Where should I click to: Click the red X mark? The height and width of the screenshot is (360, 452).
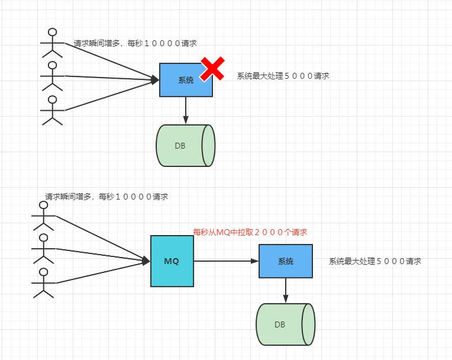[212, 69]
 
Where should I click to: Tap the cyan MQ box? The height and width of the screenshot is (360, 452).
[172, 261]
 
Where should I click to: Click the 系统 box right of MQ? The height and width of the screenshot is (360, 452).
[285, 261]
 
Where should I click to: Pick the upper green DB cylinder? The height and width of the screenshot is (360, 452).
[185, 146]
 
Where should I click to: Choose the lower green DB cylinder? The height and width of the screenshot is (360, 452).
[285, 324]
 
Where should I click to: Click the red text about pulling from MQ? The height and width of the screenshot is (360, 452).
[250, 232]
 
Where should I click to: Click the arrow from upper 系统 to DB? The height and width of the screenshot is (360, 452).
[186, 110]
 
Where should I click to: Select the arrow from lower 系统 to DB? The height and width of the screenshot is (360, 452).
[285, 290]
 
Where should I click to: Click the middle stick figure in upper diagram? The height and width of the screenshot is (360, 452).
[53, 76]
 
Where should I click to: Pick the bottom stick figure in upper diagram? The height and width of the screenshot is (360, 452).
[53, 110]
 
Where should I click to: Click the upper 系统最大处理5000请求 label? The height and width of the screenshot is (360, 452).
[283, 76]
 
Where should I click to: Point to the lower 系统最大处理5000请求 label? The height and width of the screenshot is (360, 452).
[375, 261]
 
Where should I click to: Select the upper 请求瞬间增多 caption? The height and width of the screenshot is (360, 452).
[135, 43]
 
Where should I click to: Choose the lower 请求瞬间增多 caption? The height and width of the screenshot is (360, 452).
[106, 196]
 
